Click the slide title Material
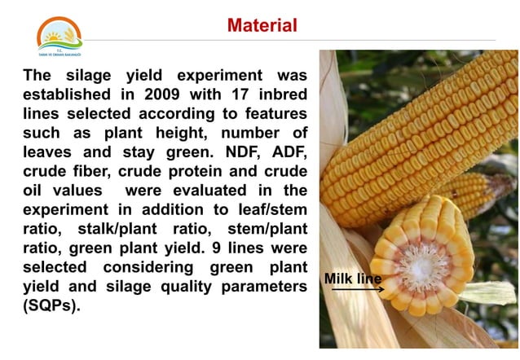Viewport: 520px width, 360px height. coord(262,25)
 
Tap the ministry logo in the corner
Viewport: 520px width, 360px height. coord(59,36)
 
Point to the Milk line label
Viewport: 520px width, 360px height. coord(353,279)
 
